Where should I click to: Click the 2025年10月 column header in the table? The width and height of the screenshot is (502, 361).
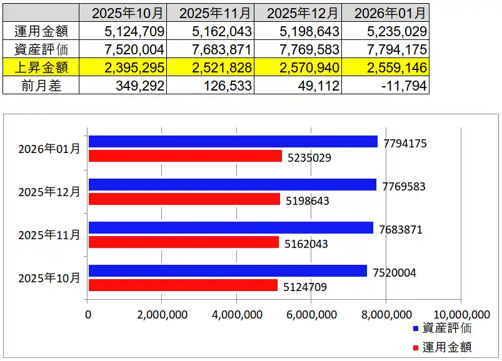point(123,12)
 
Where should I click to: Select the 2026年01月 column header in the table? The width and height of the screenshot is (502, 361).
point(385,12)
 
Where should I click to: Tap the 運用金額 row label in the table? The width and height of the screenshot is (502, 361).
point(41,31)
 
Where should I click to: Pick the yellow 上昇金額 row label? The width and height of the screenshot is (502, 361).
point(41,67)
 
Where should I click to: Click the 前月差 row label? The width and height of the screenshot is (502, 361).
point(41,85)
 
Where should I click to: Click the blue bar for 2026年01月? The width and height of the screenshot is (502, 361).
point(233,142)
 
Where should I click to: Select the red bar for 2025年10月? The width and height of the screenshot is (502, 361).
point(183,285)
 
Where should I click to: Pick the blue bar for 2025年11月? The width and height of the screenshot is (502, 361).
point(230,228)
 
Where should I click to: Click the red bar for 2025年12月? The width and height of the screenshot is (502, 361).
point(184,199)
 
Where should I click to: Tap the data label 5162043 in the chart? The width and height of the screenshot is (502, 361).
point(307,244)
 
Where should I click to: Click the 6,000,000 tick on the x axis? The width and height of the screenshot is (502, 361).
point(311,314)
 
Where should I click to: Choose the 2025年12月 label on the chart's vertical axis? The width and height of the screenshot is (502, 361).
point(49,192)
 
